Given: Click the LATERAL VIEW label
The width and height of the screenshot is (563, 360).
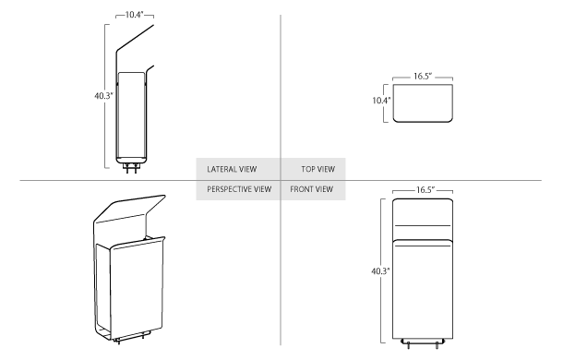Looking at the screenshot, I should (x=232, y=170).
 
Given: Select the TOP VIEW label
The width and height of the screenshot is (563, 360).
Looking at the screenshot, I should (x=317, y=170).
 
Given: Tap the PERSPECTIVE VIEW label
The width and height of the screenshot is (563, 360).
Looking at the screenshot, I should (x=239, y=189).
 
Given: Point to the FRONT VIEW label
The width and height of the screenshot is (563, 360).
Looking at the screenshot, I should (x=311, y=189).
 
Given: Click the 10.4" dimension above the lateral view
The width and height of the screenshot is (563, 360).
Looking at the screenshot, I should (x=135, y=17).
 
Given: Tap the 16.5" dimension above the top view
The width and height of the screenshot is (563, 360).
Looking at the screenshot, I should (x=424, y=78).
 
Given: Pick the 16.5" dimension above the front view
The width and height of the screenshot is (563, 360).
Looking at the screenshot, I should (x=425, y=189).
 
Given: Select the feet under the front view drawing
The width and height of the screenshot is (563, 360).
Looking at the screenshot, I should (x=424, y=344).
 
